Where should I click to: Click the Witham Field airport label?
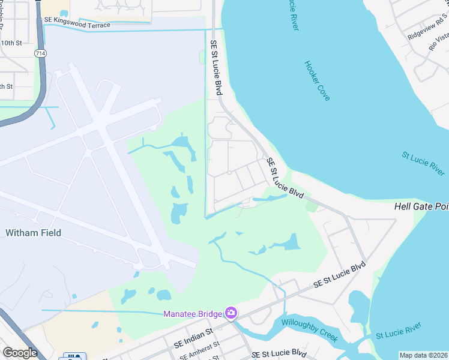click(33, 233)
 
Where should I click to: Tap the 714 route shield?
click(40, 54)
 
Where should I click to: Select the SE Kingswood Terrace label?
click(77, 23)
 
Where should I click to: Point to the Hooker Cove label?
click(317, 80)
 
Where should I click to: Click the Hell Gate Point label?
click(421, 206)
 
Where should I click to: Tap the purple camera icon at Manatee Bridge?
click(231, 313)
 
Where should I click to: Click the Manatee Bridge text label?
click(192, 314)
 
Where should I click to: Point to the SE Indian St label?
click(194, 338)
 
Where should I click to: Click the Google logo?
click(20, 353)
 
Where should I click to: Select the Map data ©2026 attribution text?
click(424, 355)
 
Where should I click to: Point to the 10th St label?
click(11, 43)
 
